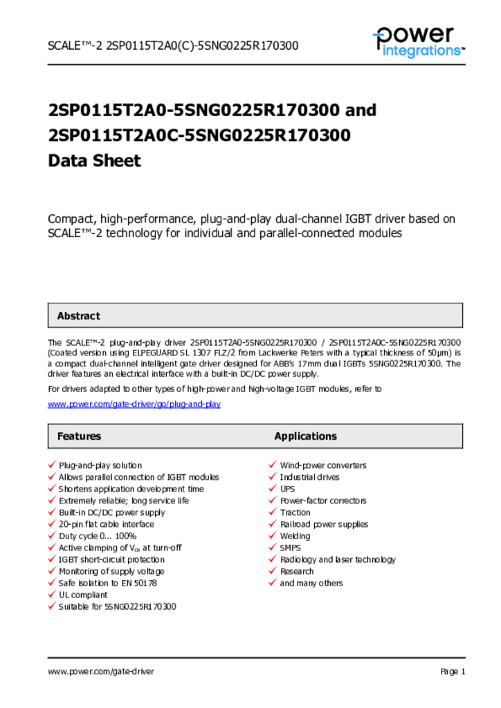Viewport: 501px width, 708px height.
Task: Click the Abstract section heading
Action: [x=78, y=316]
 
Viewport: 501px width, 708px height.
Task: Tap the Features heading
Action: [x=79, y=436]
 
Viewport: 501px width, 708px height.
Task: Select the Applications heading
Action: [x=305, y=436]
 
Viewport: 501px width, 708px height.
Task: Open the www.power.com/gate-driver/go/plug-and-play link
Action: [x=134, y=404]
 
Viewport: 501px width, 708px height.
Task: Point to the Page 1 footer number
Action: [x=453, y=671]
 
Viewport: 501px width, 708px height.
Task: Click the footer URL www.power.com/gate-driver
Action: [x=101, y=671]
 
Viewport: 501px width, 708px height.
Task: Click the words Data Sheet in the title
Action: [x=94, y=160]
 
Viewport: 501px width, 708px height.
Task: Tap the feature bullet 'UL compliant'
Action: [x=83, y=595]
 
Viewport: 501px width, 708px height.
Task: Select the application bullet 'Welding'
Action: [x=295, y=536]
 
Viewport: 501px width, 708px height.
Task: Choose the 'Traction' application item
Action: [x=295, y=512]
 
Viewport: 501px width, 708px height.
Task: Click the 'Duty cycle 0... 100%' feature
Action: [x=98, y=536]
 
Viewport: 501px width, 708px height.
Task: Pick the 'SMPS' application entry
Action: [x=291, y=548]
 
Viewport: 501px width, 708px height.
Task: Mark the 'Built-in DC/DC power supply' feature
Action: [x=112, y=512]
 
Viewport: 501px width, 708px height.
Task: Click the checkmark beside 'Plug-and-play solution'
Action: [x=51, y=465]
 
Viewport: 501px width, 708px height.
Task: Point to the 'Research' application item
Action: [x=296, y=571]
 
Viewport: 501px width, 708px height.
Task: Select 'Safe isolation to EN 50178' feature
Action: [x=108, y=583]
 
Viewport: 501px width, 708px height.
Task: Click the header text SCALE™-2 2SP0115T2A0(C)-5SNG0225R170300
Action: [x=173, y=46]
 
